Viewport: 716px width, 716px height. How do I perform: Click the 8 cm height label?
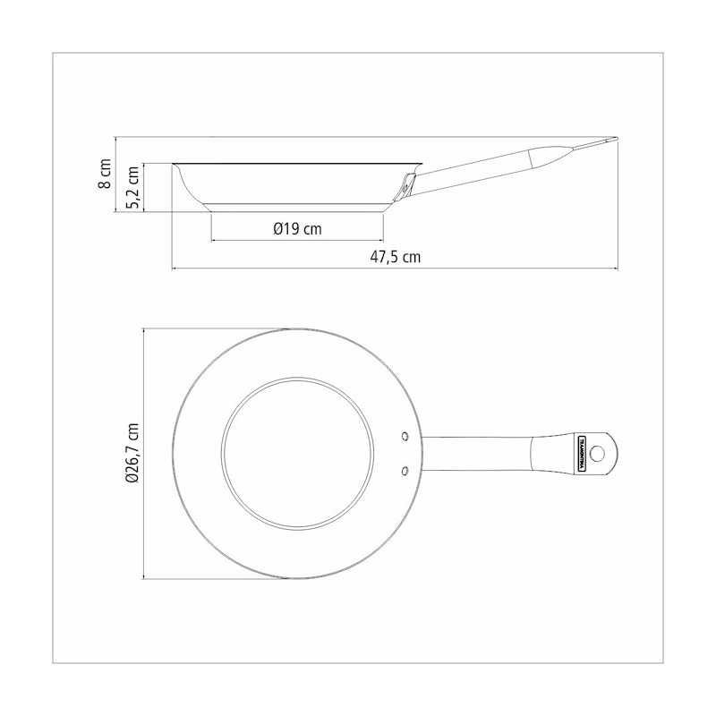pyautogui.click(x=106, y=174)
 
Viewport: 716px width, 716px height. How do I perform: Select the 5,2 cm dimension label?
pyautogui.click(x=132, y=187)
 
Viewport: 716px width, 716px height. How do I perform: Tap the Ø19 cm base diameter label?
pyautogui.click(x=297, y=229)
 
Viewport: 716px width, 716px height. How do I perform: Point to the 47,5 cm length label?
pyautogui.click(x=395, y=257)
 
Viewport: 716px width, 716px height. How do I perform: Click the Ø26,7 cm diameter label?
pyautogui.click(x=132, y=453)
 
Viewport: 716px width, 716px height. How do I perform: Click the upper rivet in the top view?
pyautogui.click(x=405, y=436)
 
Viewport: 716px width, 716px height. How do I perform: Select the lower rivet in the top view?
pyautogui.click(x=405, y=471)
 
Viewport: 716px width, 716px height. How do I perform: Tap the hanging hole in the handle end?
pyautogui.click(x=598, y=454)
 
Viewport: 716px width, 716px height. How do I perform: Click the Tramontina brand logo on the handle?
pyautogui.click(x=582, y=454)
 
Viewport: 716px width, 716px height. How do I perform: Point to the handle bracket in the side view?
pyautogui.click(x=405, y=187)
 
